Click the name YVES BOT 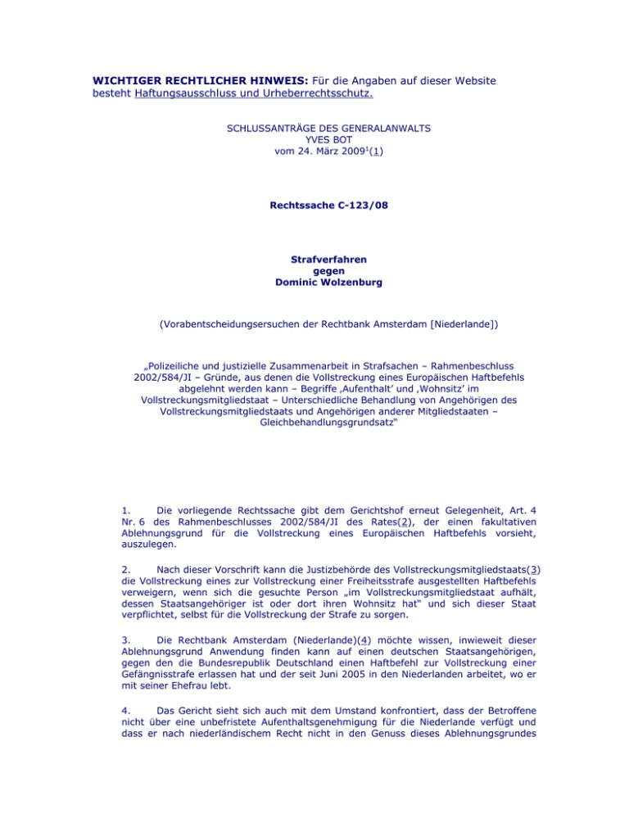point(314,139)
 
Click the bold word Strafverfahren point(314,260)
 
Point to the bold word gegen point(314,272)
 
